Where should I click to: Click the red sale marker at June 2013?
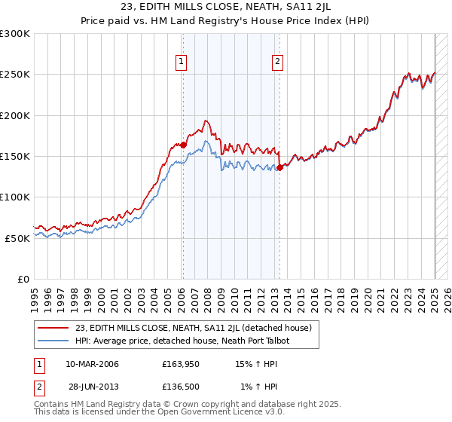tap(279, 167)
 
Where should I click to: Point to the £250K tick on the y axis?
tap(14, 75)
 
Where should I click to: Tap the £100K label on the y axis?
tap(14, 197)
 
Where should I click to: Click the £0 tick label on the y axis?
tap(23, 279)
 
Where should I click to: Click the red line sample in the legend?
tap(53, 327)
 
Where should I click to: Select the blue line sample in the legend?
tap(53, 341)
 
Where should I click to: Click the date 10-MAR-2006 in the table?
tap(92, 364)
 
